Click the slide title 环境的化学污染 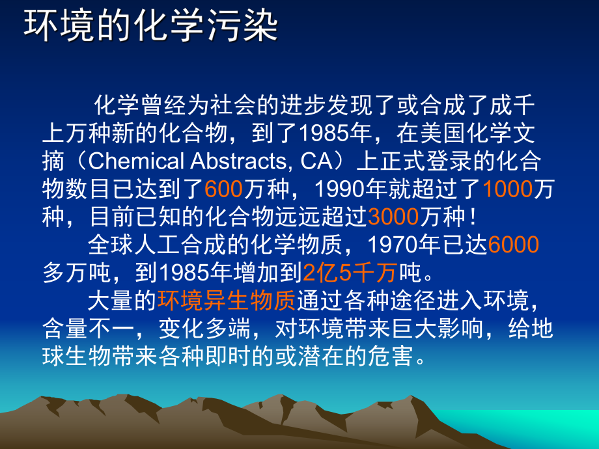coord(151,27)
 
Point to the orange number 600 coord(223,189)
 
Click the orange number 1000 coord(507,189)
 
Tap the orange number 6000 coord(513,245)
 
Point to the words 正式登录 coord(423,161)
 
